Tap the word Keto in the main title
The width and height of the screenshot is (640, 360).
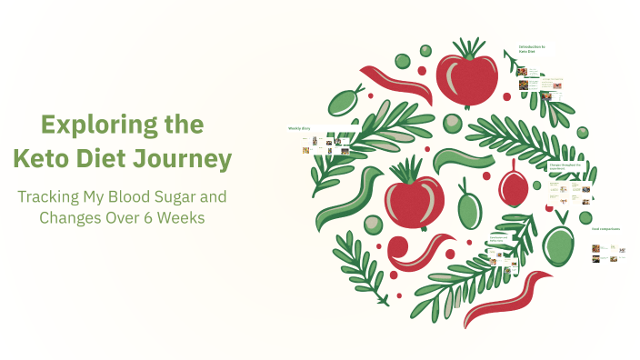(x=43, y=159)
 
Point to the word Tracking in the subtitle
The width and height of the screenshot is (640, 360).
(x=55, y=196)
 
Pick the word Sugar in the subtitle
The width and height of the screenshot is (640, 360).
(x=204, y=196)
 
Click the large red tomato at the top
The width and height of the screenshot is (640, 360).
(x=466, y=80)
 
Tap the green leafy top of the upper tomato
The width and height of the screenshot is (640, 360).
(x=468, y=48)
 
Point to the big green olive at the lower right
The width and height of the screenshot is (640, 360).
(x=557, y=243)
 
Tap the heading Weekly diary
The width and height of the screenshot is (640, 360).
(x=300, y=128)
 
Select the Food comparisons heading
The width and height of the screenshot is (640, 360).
(x=605, y=228)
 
